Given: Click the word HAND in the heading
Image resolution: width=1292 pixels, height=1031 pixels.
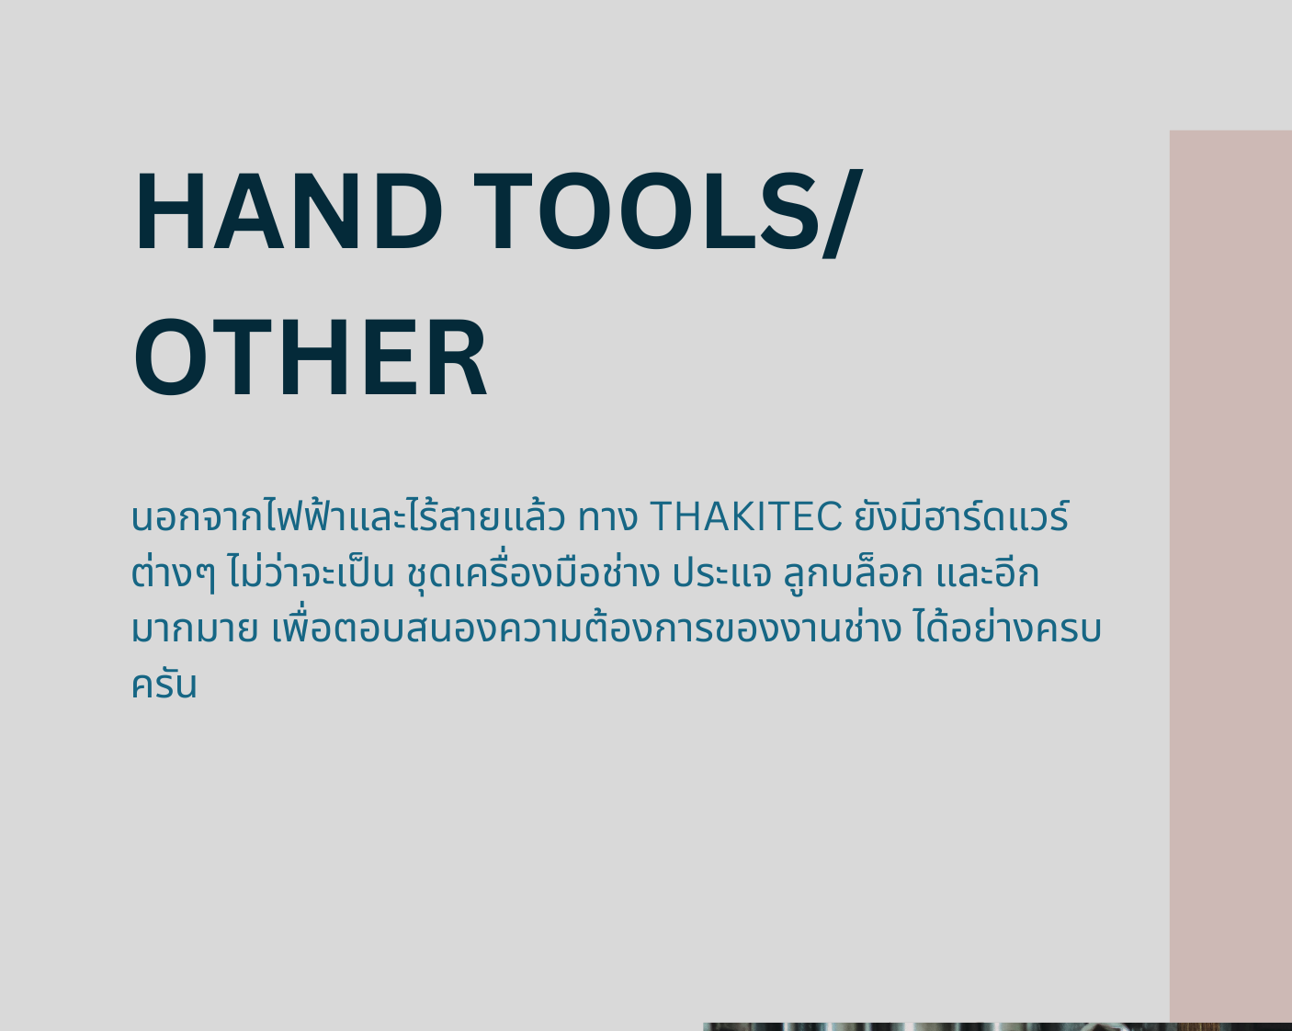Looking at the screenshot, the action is [x=289, y=210].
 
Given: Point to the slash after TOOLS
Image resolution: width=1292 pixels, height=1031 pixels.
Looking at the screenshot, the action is [x=843, y=213].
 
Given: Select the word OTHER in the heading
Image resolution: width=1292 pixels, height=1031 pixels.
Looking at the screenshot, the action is [x=311, y=357].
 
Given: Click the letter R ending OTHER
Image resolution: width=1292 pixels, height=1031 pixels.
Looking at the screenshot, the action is [x=458, y=357].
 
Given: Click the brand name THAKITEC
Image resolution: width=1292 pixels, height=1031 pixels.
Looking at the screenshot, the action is [x=746, y=516].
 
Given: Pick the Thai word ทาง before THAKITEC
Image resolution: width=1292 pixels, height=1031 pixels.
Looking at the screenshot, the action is [x=607, y=517].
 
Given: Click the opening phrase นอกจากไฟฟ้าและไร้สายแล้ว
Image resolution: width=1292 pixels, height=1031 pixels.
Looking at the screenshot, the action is [x=348, y=515].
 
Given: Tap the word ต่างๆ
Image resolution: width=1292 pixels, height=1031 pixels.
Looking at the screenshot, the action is [x=173, y=572].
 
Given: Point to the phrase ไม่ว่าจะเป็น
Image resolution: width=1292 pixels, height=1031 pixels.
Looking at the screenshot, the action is [x=311, y=571].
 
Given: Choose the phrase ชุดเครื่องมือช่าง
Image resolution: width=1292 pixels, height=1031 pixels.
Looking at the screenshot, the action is [x=533, y=572].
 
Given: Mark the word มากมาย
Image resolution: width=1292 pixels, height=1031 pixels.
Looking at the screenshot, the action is [x=195, y=629].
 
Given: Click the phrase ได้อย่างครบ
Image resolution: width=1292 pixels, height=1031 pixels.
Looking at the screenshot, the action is [x=1008, y=628].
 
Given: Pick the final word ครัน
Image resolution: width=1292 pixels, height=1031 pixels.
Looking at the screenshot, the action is [x=164, y=684].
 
